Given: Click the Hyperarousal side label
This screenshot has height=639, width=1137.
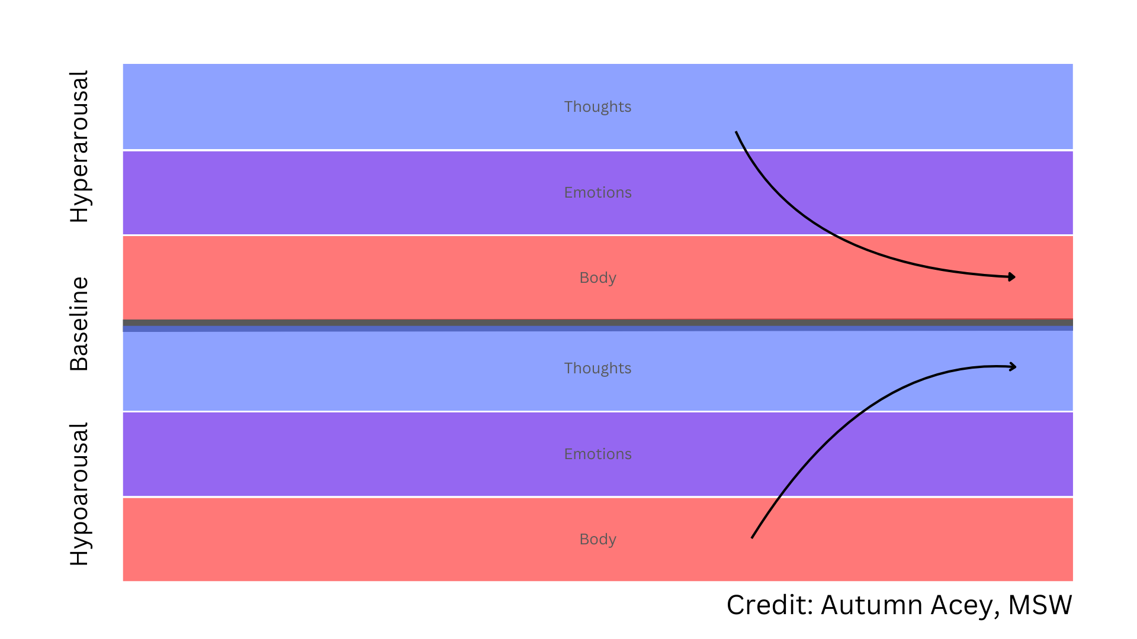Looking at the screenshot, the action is pyautogui.click(x=79, y=147).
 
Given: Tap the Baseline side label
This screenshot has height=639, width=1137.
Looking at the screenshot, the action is pyautogui.click(x=79, y=324).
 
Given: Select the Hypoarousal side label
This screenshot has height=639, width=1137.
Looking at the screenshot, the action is pyautogui.click(x=79, y=494).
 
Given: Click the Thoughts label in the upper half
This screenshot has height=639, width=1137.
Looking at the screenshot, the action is pyautogui.click(x=598, y=107).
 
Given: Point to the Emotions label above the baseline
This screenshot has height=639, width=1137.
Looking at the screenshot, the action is pyautogui.click(x=598, y=193).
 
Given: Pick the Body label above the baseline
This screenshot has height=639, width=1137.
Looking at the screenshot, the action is pyautogui.click(x=598, y=278).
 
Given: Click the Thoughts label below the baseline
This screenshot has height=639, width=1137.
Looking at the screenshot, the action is pyautogui.click(x=598, y=369).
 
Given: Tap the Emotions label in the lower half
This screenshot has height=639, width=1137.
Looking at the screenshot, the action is pyautogui.click(x=598, y=454).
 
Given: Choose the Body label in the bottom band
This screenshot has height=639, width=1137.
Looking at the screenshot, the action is pyautogui.click(x=598, y=540).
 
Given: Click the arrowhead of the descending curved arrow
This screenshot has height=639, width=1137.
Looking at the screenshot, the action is pyautogui.click(x=1012, y=277).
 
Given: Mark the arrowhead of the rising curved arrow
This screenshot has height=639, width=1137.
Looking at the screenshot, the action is pyautogui.click(x=1013, y=367).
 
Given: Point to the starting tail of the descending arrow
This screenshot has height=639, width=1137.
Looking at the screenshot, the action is pyautogui.click(x=737, y=133).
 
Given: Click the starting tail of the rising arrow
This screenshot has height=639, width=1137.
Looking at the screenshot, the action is pyautogui.click(x=753, y=537).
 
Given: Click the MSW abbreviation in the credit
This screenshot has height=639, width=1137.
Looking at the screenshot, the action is pyautogui.click(x=1040, y=605).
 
